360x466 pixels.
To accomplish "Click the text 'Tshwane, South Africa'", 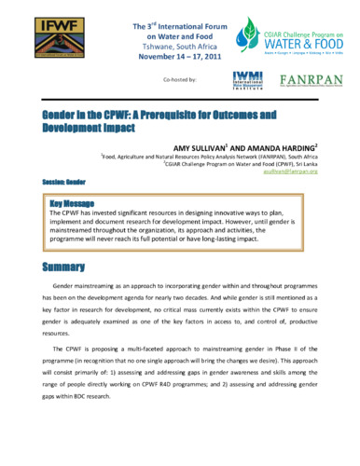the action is (x=179, y=43).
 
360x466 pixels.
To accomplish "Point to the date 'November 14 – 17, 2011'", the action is (x=179, y=55).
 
